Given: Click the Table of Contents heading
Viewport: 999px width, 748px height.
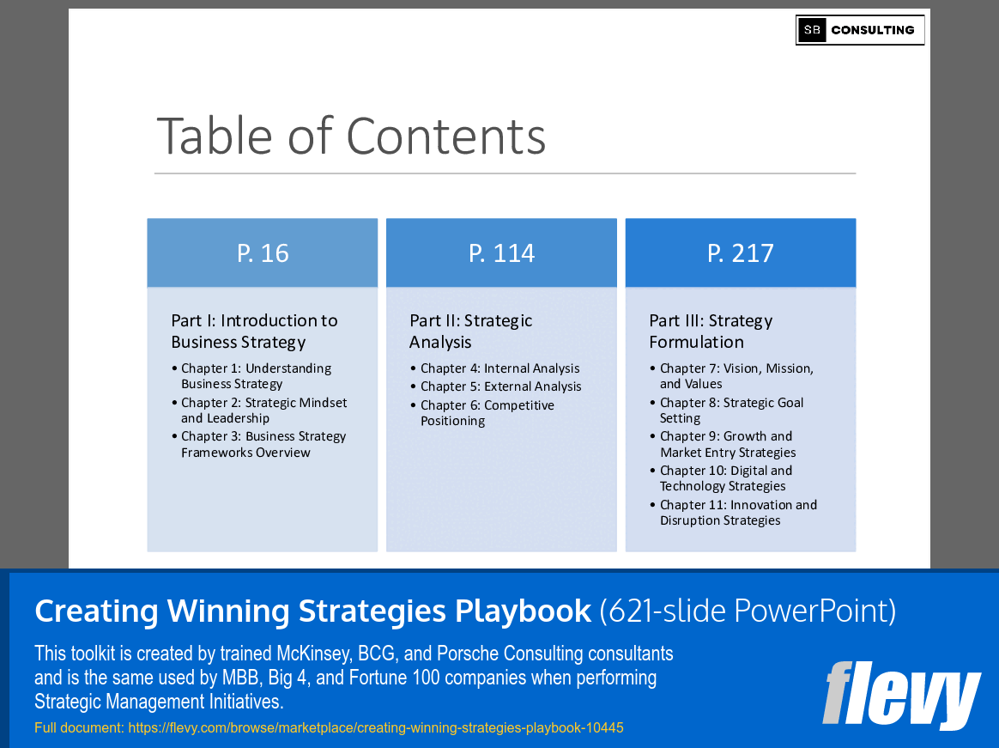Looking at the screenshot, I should coord(351,136).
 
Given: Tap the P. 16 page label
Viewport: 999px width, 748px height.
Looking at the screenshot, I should coord(263,252).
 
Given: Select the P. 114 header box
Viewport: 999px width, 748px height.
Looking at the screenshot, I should coord(501,252).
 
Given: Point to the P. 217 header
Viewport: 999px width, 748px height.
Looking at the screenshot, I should coord(740,252).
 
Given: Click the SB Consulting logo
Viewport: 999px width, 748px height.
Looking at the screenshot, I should coord(859,30).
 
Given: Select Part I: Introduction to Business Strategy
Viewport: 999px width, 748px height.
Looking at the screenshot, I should coord(254,331).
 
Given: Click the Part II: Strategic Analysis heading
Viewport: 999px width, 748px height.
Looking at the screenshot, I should coord(470,331).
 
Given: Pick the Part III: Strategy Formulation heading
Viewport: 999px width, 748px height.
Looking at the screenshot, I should coord(711,331).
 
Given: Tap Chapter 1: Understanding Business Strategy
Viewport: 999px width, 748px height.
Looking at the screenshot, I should coord(256,376).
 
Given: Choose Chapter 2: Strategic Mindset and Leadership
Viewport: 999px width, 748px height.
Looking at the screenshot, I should coord(263,410).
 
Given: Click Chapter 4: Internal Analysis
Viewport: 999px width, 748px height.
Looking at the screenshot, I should coord(499,368).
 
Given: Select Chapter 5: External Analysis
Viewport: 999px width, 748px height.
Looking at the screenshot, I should coord(500,386).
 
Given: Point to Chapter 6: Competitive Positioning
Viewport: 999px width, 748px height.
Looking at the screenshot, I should coord(487,413).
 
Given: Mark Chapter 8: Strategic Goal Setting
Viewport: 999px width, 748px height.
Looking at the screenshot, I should coord(730,410).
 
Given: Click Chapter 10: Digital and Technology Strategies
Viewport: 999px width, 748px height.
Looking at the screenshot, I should coord(725,478).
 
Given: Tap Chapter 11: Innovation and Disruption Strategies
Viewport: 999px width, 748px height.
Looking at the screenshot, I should coord(737,513).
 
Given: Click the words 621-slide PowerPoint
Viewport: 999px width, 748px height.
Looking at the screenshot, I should coord(748,611).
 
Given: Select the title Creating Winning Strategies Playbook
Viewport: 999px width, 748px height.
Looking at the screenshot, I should coord(312,611).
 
